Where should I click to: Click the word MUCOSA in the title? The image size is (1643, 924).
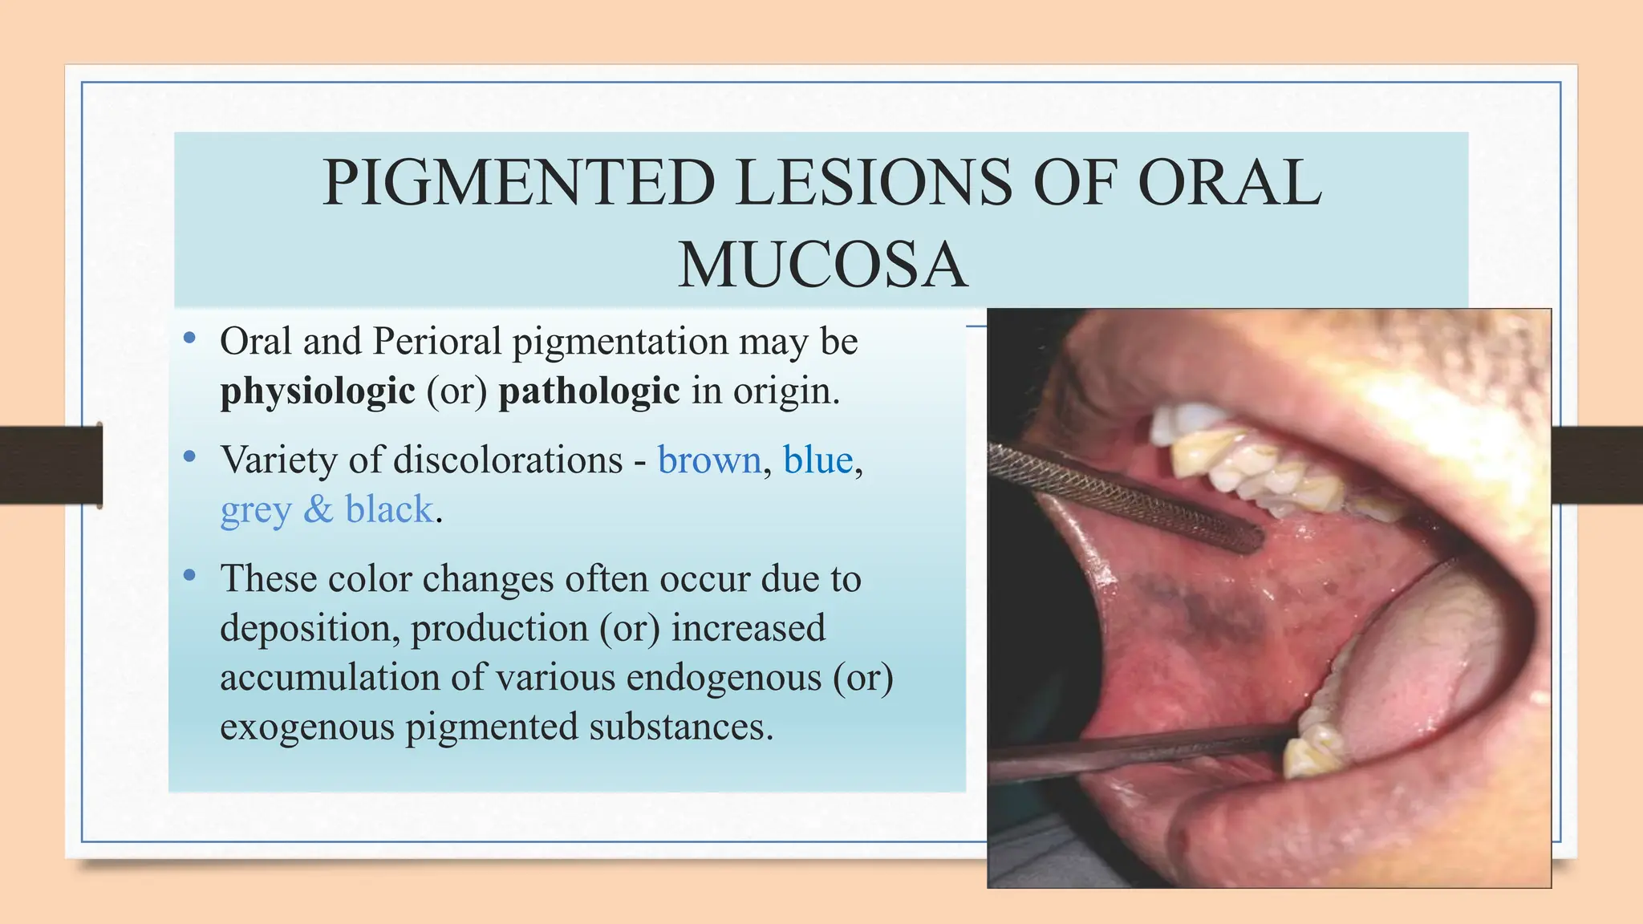(x=822, y=266)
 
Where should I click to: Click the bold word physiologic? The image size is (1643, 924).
(x=318, y=391)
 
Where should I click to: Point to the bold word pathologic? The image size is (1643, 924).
(x=589, y=391)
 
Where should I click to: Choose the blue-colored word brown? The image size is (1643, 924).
(x=709, y=460)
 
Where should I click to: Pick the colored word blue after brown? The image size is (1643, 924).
(x=817, y=460)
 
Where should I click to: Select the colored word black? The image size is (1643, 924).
(x=389, y=509)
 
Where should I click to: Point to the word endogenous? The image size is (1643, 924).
(x=724, y=678)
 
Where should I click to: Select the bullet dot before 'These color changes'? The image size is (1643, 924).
(x=189, y=575)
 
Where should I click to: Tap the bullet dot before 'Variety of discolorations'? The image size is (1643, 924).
(x=189, y=457)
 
